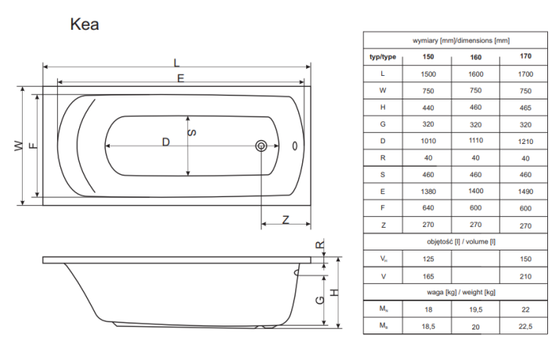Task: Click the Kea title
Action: point(85,24)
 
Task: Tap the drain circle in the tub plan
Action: point(261,146)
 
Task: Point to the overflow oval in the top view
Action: point(295,146)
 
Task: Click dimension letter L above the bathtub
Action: point(176,63)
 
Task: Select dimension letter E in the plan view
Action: point(181,78)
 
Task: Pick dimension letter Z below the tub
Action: point(286,220)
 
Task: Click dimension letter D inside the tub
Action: point(166,142)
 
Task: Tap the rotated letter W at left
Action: point(19,146)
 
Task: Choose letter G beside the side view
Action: point(320,300)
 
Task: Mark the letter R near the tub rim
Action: point(320,245)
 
